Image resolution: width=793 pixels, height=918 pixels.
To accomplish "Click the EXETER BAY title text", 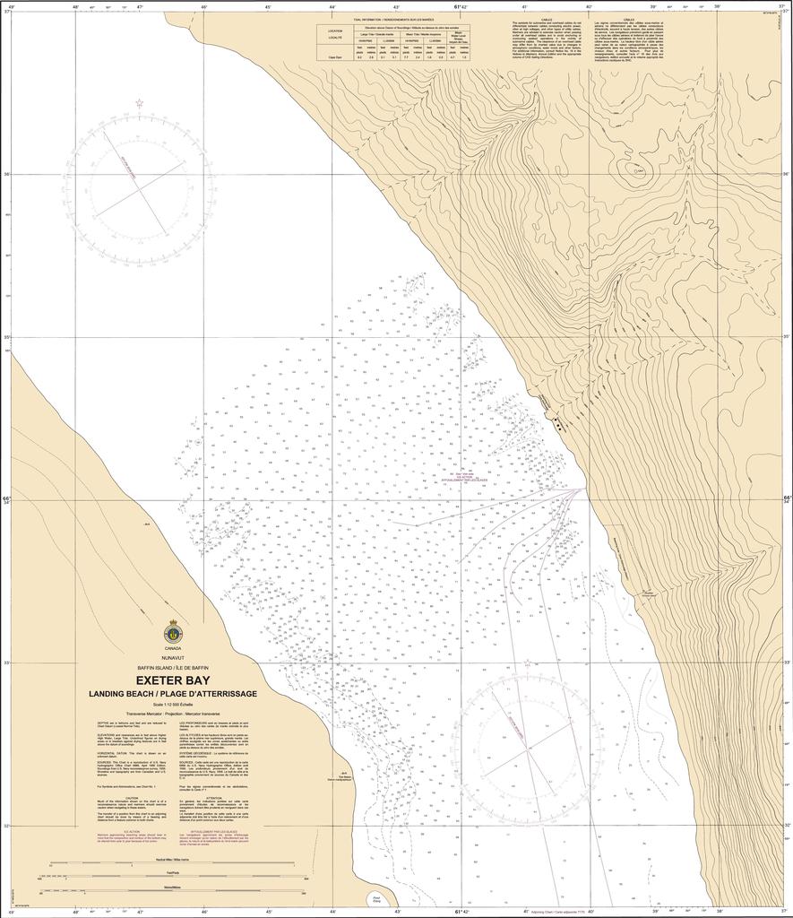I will tap(172, 680).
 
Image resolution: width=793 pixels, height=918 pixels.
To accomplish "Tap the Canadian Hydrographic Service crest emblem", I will tap(172, 633).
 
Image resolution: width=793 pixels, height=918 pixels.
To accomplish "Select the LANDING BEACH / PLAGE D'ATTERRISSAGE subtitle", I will tap(172, 695).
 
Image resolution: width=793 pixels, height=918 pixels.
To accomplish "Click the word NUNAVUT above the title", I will tap(172, 658).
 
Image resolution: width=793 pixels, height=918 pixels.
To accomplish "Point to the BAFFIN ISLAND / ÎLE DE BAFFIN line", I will tap(172, 669).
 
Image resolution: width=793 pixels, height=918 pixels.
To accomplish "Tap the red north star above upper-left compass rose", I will tap(138, 103).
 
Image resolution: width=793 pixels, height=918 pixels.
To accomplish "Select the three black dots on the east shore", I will tap(559, 424).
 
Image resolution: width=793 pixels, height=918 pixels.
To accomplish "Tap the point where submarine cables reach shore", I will tap(587, 489).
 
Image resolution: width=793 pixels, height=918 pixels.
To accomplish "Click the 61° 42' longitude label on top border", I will tap(458, 6).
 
